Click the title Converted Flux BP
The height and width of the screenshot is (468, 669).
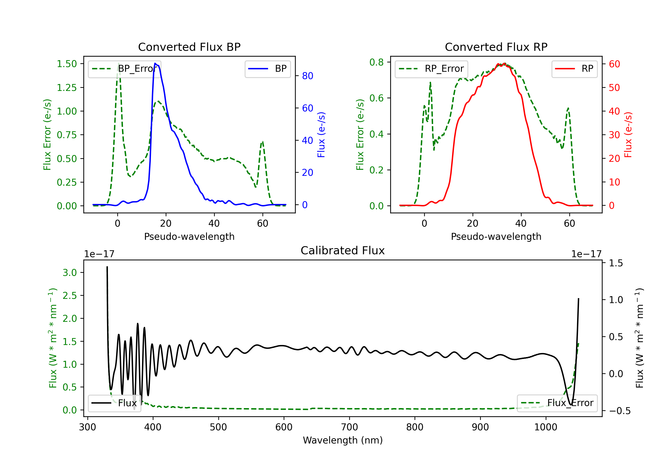[x=189, y=47]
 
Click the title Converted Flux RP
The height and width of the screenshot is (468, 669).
[x=496, y=47]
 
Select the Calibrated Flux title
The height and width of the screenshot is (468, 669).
[x=343, y=250]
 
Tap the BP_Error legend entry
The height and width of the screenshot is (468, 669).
[x=124, y=69]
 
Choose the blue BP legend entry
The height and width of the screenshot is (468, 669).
[x=267, y=69]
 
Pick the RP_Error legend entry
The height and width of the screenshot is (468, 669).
[x=431, y=69]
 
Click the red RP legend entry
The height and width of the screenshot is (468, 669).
[x=574, y=69]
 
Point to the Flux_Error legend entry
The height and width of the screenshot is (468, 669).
[x=557, y=403]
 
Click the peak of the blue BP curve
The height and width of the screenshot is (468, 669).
[x=155, y=63]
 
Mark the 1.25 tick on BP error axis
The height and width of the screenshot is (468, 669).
[x=67, y=87]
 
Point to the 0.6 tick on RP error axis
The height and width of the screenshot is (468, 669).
[x=376, y=98]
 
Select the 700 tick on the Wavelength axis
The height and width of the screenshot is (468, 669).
[x=349, y=427]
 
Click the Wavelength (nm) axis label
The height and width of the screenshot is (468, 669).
[x=343, y=440]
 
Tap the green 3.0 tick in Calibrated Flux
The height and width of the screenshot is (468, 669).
[x=70, y=273]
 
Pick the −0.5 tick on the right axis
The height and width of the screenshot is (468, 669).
[x=620, y=411]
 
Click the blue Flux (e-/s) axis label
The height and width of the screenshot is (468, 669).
[x=321, y=135]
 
